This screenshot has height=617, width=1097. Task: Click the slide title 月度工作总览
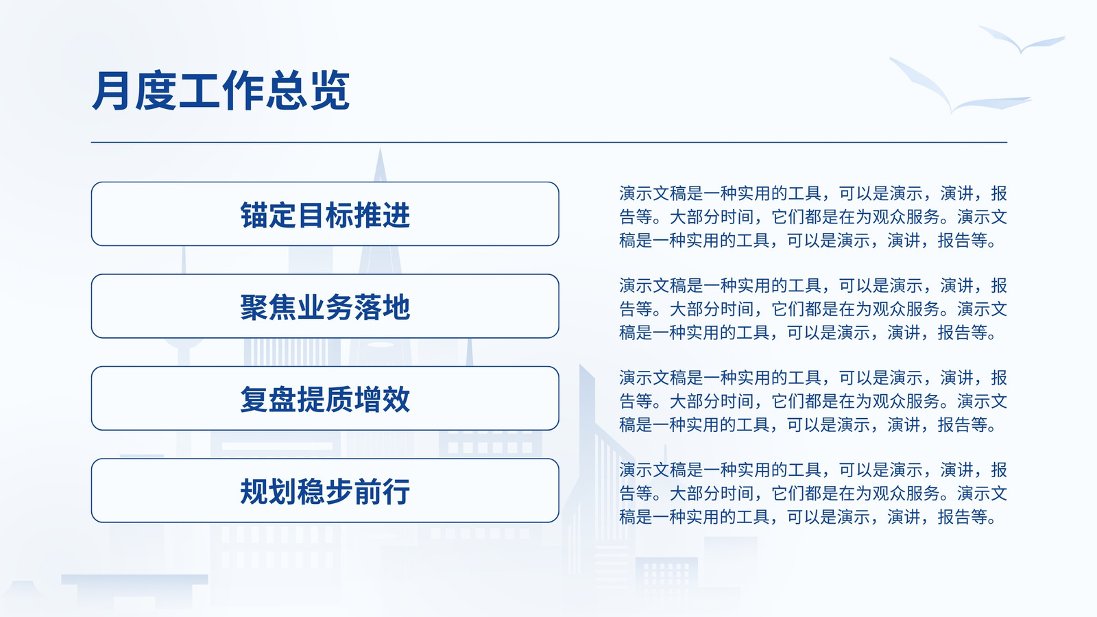221,90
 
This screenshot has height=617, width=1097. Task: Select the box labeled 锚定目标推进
325,214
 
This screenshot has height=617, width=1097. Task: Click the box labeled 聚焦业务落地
325,306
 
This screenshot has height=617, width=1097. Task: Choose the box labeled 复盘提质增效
325,398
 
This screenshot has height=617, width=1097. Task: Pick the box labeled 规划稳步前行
325,491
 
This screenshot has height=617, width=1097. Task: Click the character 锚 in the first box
254,215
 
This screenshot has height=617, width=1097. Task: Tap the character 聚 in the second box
254,307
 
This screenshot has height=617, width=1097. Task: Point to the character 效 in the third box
396,399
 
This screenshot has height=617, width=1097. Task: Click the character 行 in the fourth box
396,491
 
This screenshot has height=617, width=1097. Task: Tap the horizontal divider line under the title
549,143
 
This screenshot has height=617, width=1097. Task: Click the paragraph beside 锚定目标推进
813,217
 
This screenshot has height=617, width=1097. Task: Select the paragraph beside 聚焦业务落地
813,309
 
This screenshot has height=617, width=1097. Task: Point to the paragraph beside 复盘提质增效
813,401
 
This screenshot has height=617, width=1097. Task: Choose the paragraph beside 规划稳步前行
813,493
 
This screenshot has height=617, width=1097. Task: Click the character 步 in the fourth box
339,491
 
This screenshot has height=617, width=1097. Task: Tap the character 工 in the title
199,90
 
